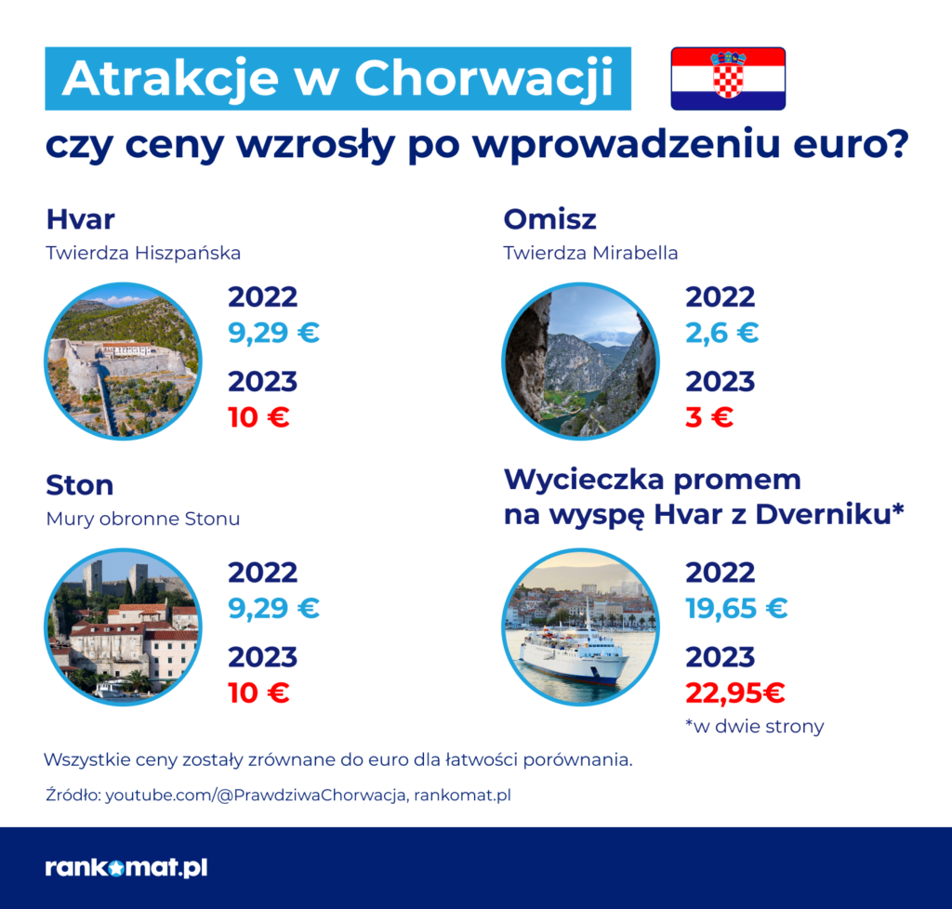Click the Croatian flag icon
pyautogui.click(x=728, y=79)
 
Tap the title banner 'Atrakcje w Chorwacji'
pyautogui.click(x=337, y=79)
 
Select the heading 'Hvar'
pyautogui.click(x=80, y=219)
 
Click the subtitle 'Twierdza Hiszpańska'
pyautogui.click(x=143, y=252)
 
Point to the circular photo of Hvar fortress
pyautogui.click(x=123, y=361)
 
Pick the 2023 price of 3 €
pyautogui.click(x=709, y=417)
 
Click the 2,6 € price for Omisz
pyautogui.click(x=721, y=333)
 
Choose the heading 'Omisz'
pyautogui.click(x=549, y=219)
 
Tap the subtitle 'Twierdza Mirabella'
pyautogui.click(x=590, y=252)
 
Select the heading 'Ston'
pyautogui.click(x=80, y=485)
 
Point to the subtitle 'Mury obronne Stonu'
pyautogui.click(x=142, y=519)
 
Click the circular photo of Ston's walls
pyautogui.click(x=123, y=626)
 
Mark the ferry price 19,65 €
pyautogui.click(x=736, y=609)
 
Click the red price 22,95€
pyautogui.click(x=735, y=692)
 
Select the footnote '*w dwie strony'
pyautogui.click(x=754, y=726)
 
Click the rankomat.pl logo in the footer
pyautogui.click(x=126, y=868)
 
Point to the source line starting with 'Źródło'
pyautogui.click(x=278, y=796)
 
